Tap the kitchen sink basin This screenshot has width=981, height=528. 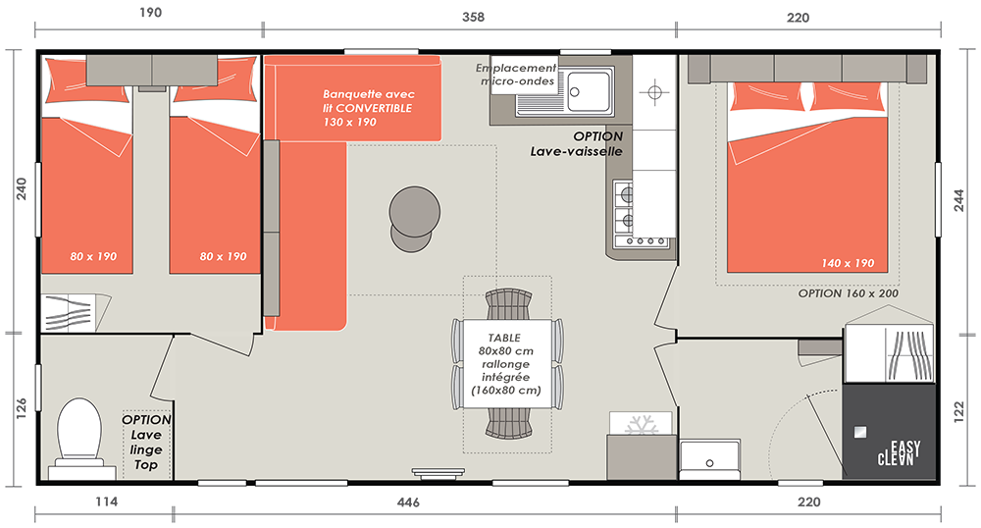(x=588, y=91)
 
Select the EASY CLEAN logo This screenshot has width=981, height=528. (x=899, y=453)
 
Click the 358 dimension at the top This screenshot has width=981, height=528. (x=473, y=17)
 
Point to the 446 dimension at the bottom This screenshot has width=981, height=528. (x=408, y=502)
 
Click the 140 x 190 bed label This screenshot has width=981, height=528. (x=848, y=263)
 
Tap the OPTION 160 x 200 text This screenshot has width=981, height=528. (x=848, y=293)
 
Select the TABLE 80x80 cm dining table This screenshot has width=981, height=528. (x=507, y=363)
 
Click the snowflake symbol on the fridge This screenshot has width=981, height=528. (x=641, y=425)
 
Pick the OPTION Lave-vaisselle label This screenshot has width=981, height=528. (x=576, y=144)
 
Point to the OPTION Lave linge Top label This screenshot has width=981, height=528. (x=146, y=443)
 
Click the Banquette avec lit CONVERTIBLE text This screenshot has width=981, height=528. (x=368, y=108)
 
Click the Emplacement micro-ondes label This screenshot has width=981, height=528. (x=516, y=75)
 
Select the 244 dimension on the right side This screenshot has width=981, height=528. (x=959, y=200)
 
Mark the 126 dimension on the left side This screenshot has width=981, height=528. (x=21, y=408)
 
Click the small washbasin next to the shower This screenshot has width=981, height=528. (x=709, y=460)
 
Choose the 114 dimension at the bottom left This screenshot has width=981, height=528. (x=106, y=502)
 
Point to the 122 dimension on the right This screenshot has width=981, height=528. (x=959, y=413)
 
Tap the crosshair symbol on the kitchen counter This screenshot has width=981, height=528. (x=654, y=92)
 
